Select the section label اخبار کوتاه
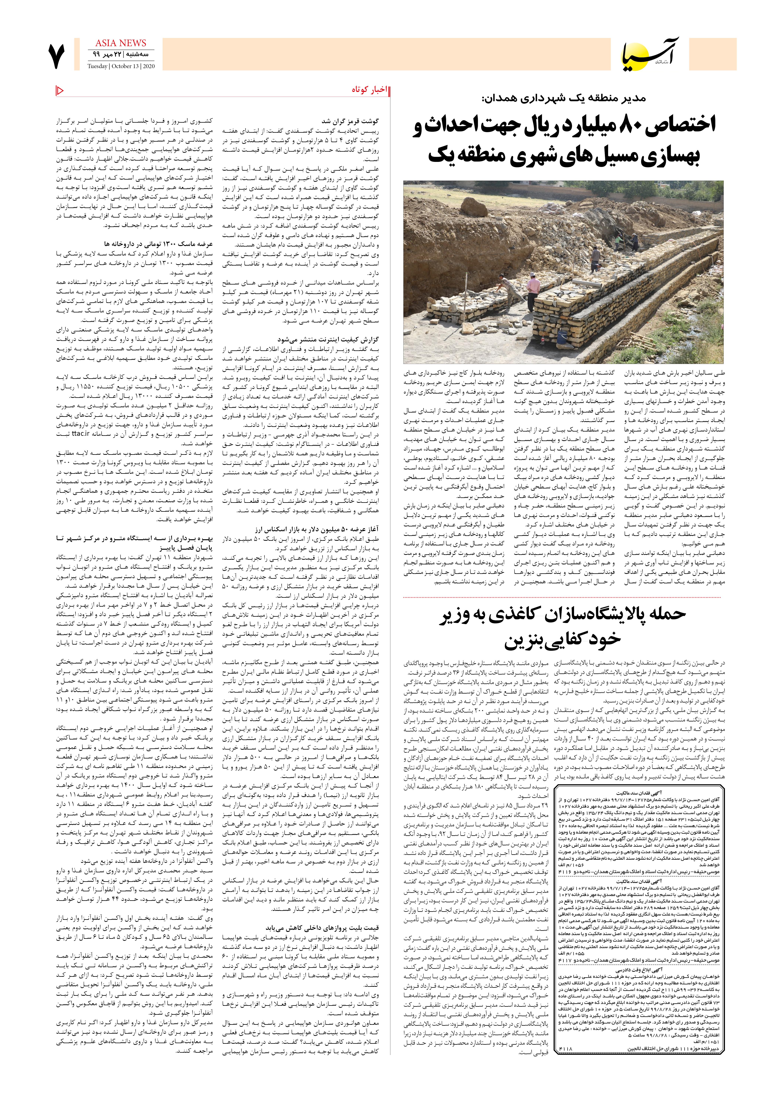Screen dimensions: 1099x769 [367, 90]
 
